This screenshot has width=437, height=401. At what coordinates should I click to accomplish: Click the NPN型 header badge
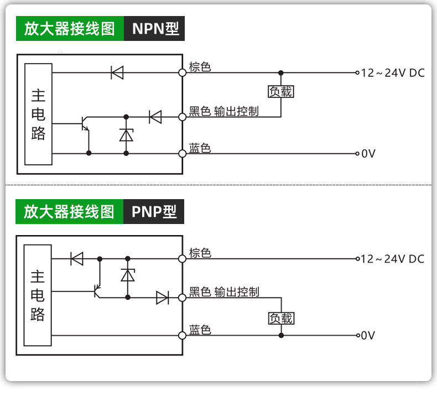click(x=154, y=28)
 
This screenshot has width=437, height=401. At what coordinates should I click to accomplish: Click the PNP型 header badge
click(x=154, y=211)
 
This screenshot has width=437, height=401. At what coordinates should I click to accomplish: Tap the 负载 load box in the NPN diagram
click(x=280, y=91)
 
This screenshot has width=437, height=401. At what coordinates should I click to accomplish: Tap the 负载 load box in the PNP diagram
click(x=281, y=318)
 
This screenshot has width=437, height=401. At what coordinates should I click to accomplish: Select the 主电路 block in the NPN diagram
click(x=39, y=114)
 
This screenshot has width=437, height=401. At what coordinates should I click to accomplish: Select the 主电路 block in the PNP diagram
click(x=38, y=295)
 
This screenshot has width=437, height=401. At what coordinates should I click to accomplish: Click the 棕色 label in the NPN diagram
click(x=200, y=67)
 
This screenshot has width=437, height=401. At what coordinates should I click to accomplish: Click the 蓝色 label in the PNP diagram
click(x=200, y=330)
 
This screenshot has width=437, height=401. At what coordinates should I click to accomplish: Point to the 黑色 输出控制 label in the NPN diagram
click(x=224, y=111)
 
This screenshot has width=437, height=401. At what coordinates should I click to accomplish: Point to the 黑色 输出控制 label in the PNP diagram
click(x=224, y=292)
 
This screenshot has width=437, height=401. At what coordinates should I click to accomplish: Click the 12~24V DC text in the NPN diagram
click(x=393, y=73)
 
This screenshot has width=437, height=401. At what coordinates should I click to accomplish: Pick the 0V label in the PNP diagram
click(x=368, y=335)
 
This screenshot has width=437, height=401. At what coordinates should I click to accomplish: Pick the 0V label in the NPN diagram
click(x=368, y=154)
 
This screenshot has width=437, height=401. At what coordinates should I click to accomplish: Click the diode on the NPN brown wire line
click(x=117, y=72)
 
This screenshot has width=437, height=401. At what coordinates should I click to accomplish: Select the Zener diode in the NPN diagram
click(x=126, y=135)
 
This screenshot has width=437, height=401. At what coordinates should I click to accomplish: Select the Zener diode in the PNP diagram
click(x=128, y=275)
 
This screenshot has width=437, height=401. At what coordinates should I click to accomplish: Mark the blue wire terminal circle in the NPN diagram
click(x=183, y=154)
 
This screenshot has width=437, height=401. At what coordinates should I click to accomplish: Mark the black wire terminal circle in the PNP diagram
click(x=183, y=298)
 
